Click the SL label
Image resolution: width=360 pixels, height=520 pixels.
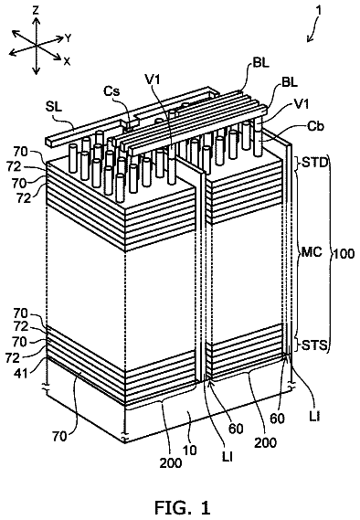(x=53, y=107)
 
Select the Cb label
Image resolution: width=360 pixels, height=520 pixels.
(x=314, y=126)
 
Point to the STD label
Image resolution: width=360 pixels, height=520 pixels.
(x=314, y=164)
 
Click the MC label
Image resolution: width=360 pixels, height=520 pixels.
(x=312, y=252)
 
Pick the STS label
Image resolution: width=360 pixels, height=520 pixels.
(x=314, y=345)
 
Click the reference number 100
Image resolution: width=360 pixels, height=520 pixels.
(x=344, y=254)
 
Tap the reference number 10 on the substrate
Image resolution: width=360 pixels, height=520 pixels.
(x=189, y=450)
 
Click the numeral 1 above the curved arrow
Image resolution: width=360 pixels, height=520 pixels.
(x=319, y=10)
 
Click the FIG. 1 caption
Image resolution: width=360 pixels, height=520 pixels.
(x=183, y=507)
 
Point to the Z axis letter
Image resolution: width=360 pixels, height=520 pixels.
(x=36, y=11)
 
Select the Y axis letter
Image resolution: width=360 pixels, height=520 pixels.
(x=68, y=38)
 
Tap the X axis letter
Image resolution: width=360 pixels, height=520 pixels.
(x=67, y=61)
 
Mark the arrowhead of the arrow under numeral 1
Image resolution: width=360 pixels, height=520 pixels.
(x=309, y=40)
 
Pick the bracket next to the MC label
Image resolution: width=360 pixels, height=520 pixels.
(x=298, y=252)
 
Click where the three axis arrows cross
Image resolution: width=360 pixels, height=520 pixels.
(x=36, y=45)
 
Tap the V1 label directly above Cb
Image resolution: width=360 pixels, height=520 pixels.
(x=301, y=104)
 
